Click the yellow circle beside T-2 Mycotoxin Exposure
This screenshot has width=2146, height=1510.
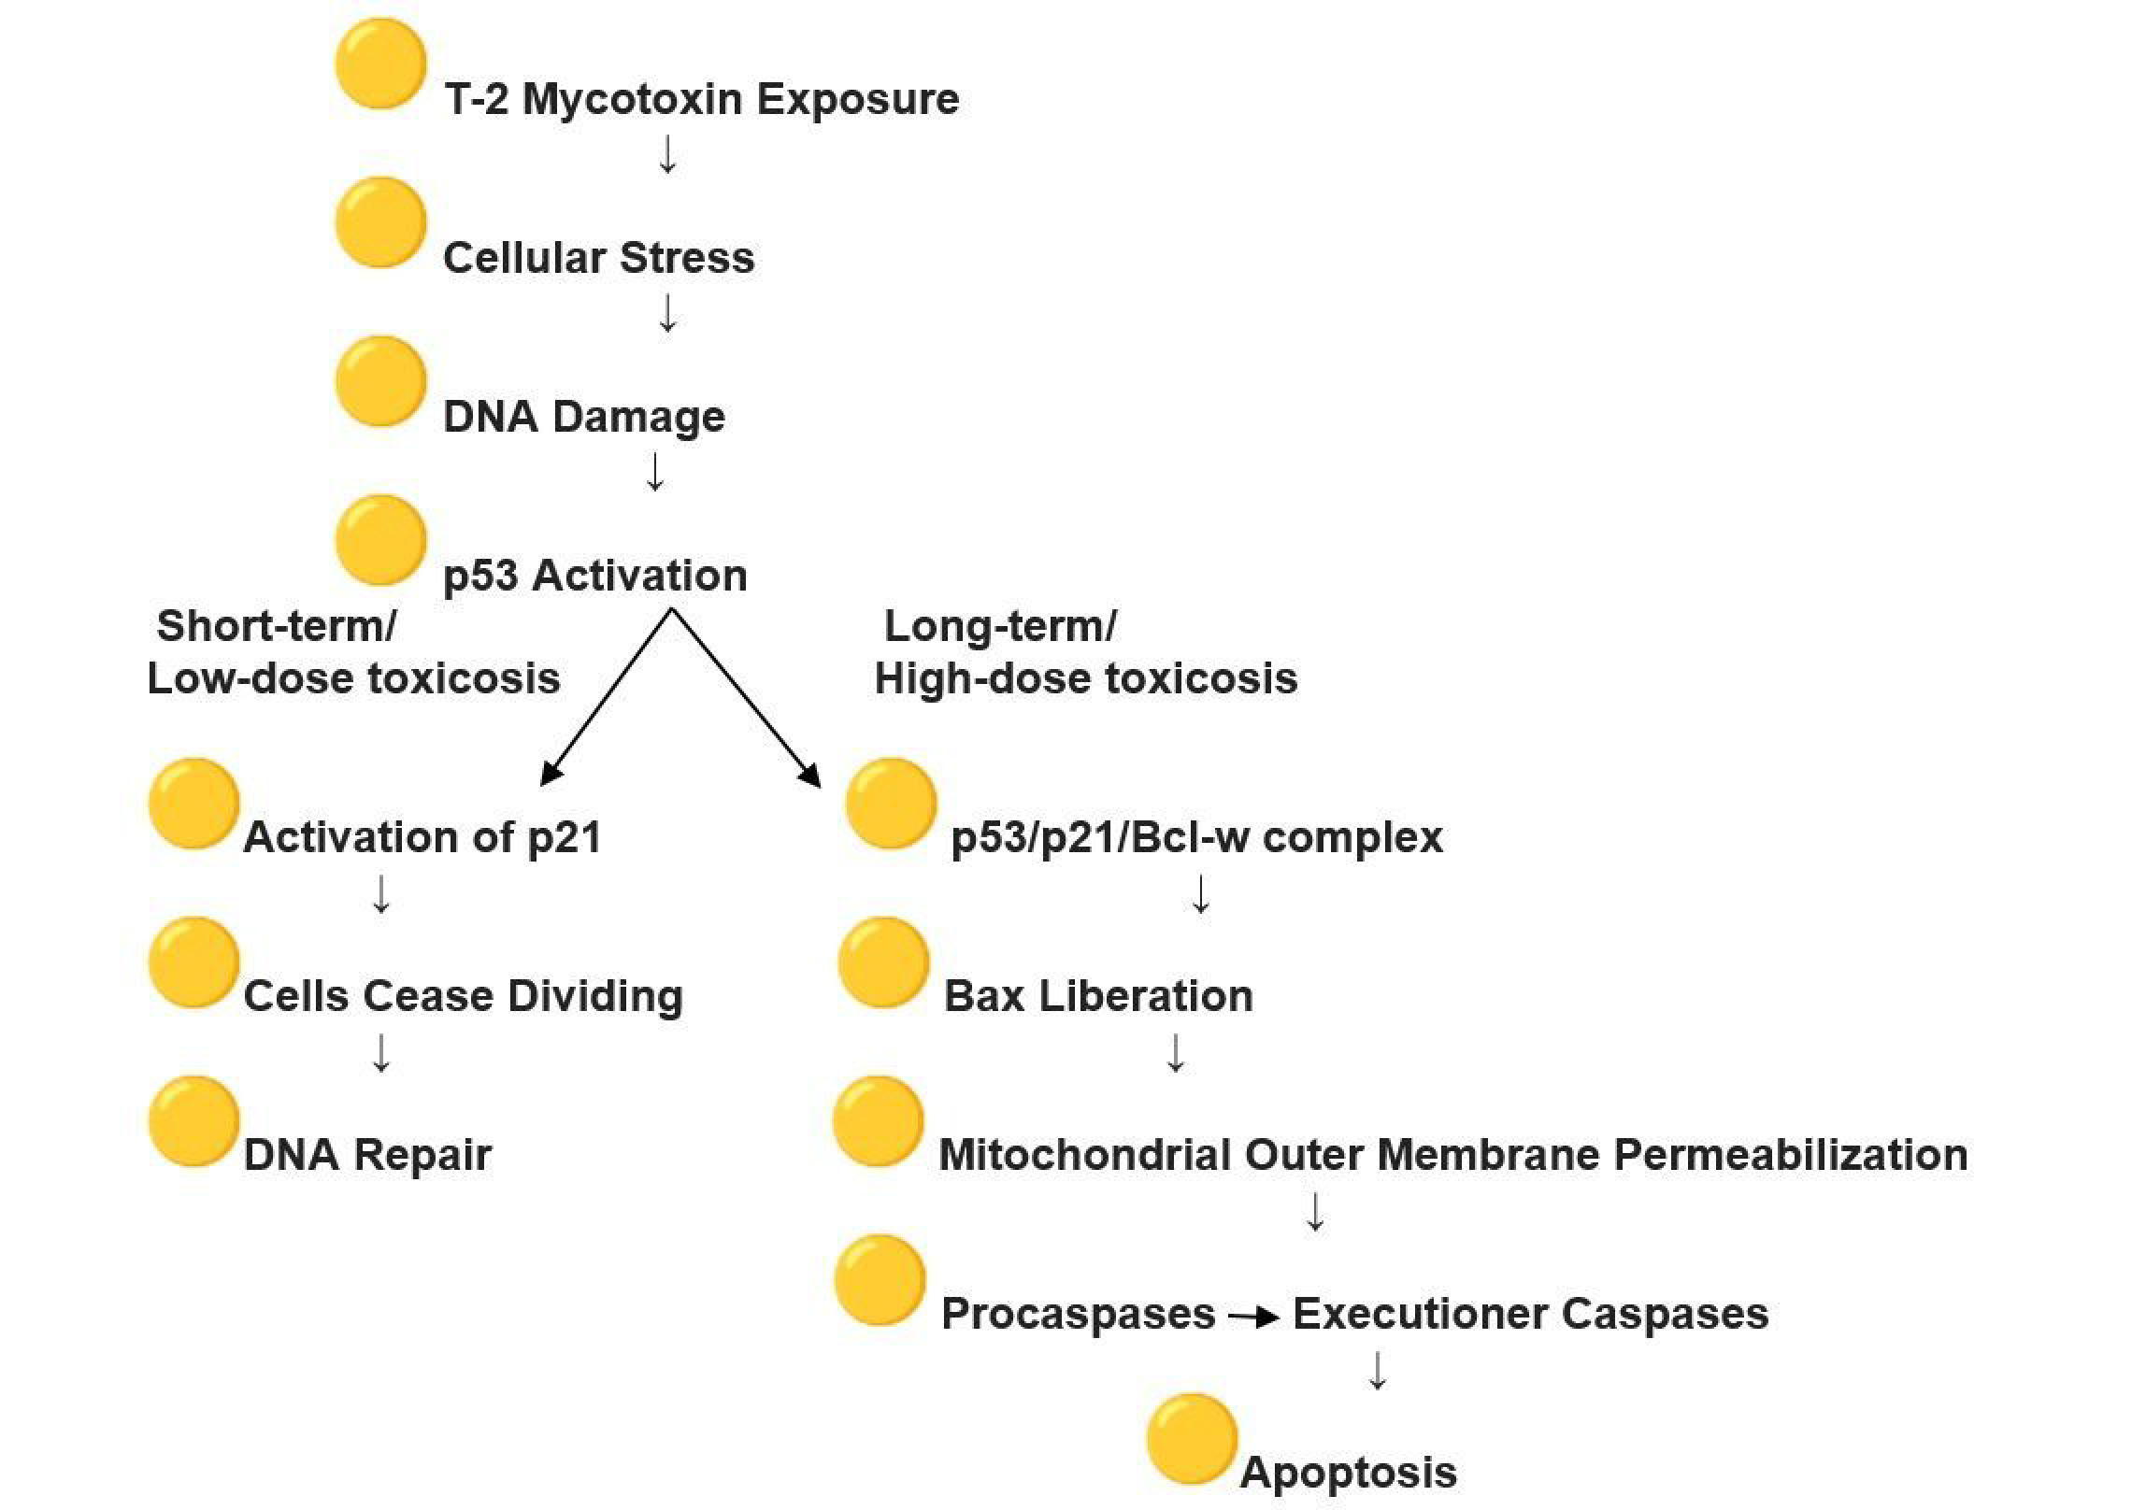(380, 64)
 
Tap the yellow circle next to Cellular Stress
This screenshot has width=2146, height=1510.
(380, 223)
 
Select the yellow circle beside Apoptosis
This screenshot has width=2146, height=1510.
(1192, 1439)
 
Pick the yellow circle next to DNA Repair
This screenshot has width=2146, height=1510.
(193, 1121)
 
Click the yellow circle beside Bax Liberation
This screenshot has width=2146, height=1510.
(883, 962)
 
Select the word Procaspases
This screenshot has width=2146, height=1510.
(1078, 1314)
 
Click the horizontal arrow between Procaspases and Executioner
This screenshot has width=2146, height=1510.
(1253, 1318)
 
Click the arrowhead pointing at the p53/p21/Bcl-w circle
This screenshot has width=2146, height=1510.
(810, 775)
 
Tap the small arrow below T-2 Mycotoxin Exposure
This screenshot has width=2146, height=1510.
(667, 155)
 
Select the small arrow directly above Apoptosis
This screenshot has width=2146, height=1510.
(1377, 1371)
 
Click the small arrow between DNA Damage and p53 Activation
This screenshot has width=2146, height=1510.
(655, 473)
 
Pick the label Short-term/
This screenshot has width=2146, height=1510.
(276, 626)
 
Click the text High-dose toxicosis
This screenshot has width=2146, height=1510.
(1085, 678)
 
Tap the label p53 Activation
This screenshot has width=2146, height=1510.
(594, 576)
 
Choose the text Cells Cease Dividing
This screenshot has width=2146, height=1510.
(463, 996)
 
